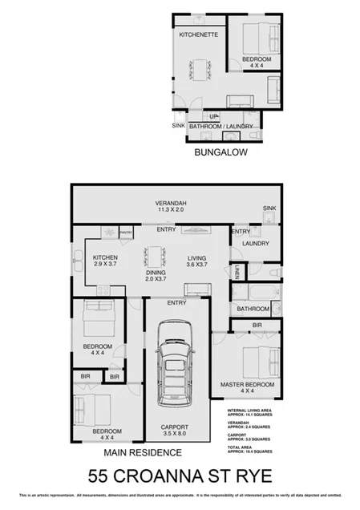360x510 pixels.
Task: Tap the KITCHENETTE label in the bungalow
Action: (x=196, y=35)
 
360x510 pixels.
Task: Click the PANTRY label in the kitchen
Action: (x=125, y=232)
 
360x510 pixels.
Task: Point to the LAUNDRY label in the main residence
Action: (x=254, y=243)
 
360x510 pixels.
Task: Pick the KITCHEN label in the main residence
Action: (x=105, y=259)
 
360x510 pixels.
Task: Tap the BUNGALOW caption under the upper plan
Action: (x=220, y=151)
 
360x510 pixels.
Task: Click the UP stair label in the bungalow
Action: (x=213, y=115)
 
